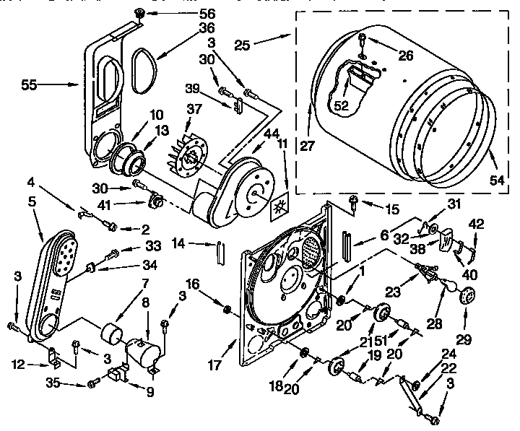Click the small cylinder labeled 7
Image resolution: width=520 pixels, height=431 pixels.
pos(112,335)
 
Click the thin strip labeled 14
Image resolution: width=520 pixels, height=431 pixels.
pos(216,253)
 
